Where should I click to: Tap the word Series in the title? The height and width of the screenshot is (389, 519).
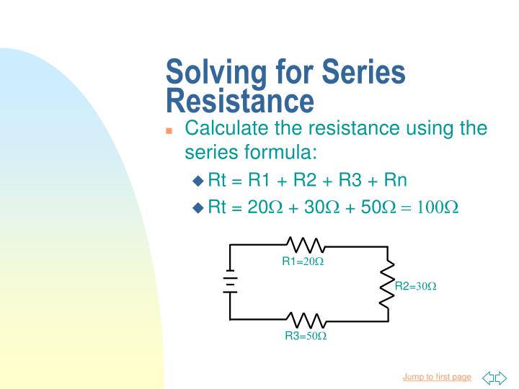point(364,73)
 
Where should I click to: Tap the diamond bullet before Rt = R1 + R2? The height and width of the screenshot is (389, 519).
point(198,180)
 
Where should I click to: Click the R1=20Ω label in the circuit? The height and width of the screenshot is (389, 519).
point(303,261)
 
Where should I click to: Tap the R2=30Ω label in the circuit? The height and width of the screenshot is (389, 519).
point(416,286)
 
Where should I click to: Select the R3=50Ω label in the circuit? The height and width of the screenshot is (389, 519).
point(306,336)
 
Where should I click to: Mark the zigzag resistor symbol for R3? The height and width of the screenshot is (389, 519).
point(306,319)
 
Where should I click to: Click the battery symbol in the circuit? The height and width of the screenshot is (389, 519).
point(230,282)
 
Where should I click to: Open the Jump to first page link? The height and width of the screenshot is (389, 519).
point(436,377)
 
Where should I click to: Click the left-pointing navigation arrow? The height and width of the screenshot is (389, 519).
point(488,377)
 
